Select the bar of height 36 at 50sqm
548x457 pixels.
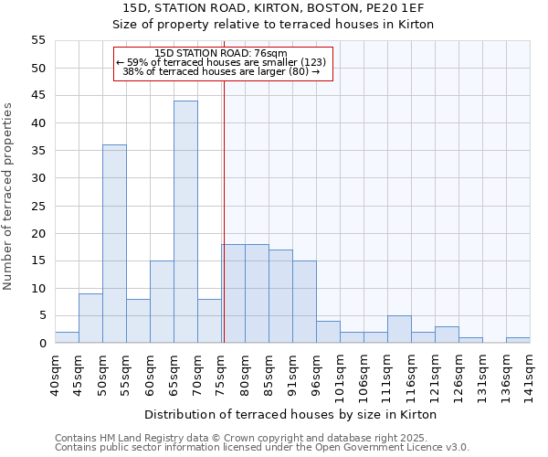[114, 244]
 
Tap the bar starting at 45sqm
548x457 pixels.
[90, 318]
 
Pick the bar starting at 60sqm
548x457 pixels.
[162, 302]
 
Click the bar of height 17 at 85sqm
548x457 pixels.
[280, 296]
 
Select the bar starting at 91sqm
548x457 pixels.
[304, 302]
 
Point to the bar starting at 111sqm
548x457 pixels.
[399, 329]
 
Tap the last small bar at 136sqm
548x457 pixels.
[518, 340]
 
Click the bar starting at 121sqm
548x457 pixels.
[447, 335]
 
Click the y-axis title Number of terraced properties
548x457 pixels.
[9, 197]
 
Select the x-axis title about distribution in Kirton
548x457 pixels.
[290, 414]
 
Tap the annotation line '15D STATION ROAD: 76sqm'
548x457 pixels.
[222, 54]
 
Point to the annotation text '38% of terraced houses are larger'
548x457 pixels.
[222, 71]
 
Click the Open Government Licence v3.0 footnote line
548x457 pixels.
[262, 448]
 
